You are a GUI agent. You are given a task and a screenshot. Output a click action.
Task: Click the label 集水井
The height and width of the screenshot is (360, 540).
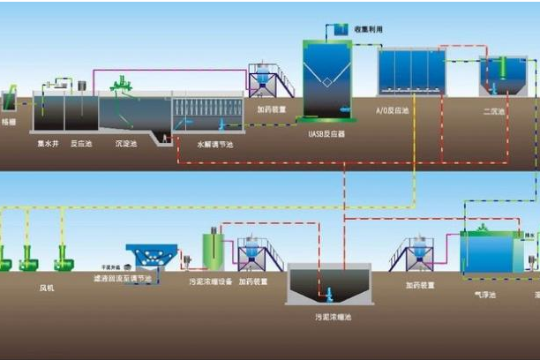(x=48, y=142)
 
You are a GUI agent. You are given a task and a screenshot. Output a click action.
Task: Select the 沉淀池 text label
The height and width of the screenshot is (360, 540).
(x=125, y=142)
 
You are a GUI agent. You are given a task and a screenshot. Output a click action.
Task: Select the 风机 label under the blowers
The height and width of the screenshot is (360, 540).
(x=46, y=288)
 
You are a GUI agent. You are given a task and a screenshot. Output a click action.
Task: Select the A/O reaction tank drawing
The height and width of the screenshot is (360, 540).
(x=412, y=72)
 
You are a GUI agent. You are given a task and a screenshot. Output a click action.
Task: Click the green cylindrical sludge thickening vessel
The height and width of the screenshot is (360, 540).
(x=212, y=250)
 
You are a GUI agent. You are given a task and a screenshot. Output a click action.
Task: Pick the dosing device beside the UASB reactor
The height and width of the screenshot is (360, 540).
(x=267, y=82)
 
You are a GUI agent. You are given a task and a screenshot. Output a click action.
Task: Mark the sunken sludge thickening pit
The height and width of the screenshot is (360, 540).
(x=327, y=284)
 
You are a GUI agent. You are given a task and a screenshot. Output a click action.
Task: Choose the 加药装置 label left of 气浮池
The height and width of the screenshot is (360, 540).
(x=420, y=285)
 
